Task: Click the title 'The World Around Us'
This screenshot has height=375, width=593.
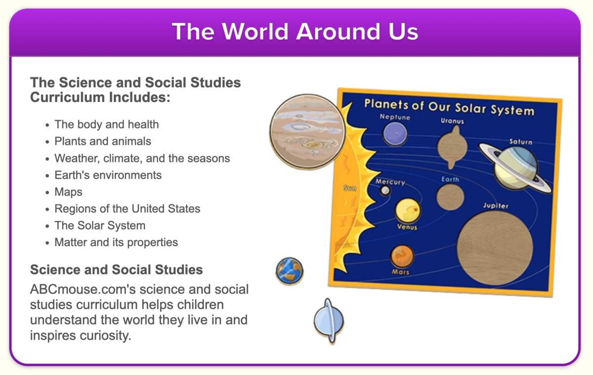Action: coord(295,32)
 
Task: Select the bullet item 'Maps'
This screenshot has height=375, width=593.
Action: coord(68,192)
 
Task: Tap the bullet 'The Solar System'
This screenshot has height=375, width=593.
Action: coord(100,225)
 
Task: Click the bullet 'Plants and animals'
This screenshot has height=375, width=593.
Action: coord(103,141)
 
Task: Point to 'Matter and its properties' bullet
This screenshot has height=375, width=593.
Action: coord(116,242)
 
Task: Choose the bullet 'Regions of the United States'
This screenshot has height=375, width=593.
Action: coord(127,209)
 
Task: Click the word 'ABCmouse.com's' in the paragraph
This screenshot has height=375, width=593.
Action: coord(83,289)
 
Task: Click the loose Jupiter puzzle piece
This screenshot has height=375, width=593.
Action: coord(307,132)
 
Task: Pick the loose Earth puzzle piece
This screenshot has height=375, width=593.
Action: coord(290,271)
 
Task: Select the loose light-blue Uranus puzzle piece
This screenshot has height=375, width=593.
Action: coord(329,321)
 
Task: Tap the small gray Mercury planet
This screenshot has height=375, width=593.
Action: coord(385,190)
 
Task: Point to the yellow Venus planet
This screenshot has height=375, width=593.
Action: coord(408,211)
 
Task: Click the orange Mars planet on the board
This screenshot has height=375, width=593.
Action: coord(402,256)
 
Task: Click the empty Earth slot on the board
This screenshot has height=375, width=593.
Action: coord(450,197)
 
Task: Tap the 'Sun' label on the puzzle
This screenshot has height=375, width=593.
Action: coord(350,188)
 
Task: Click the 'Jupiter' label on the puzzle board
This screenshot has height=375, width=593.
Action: coord(496,206)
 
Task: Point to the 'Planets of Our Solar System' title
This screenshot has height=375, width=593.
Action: coord(449,107)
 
